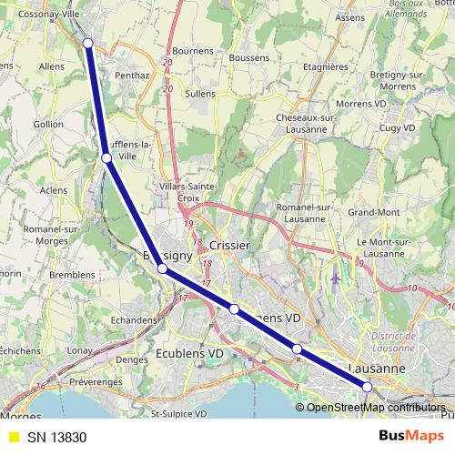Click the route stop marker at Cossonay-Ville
pyautogui.click(x=87, y=43)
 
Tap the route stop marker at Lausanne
pyautogui.click(x=368, y=387)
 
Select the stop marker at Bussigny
pyautogui.click(x=162, y=268)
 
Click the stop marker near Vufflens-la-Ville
pyautogui.click(x=106, y=158)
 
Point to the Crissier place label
pyautogui.click(x=229, y=246)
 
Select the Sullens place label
pyautogui.click(x=201, y=93)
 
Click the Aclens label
pyautogui.click(x=54, y=190)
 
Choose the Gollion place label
pyautogui.click(x=47, y=123)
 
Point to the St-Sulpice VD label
pyautogui.click(x=187, y=415)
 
